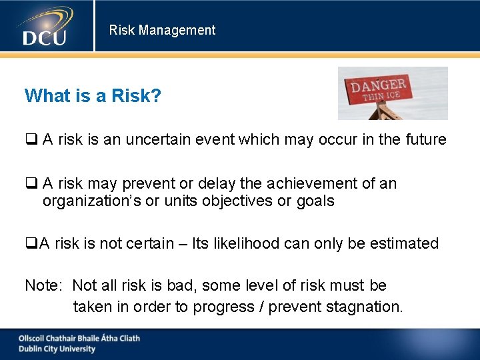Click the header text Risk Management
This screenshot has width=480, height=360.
(x=162, y=30)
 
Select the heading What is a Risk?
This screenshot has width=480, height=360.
(x=93, y=96)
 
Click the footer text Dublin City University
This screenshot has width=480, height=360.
(x=57, y=349)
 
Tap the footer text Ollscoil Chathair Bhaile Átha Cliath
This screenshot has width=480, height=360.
(x=79, y=338)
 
